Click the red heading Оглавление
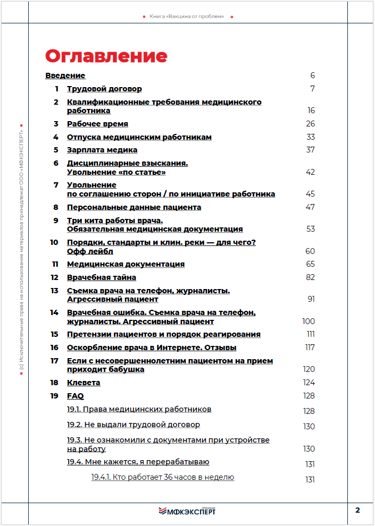(106, 56)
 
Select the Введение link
(65, 75)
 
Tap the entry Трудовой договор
(104, 89)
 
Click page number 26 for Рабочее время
(311, 124)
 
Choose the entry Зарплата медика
(102, 150)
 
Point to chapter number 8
(55, 207)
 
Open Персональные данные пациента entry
(134, 207)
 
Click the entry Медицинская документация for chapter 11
(126, 264)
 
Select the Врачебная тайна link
(102, 277)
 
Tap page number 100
(309, 321)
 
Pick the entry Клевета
(84, 383)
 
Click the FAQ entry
(75, 396)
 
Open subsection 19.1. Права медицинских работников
(139, 409)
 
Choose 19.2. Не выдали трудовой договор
(134, 425)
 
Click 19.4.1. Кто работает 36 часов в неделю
(163, 477)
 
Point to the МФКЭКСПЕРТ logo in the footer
(187, 511)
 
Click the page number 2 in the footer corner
(357, 511)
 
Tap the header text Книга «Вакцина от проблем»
(187, 16)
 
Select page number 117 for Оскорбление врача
(310, 347)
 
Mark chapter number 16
(54, 347)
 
